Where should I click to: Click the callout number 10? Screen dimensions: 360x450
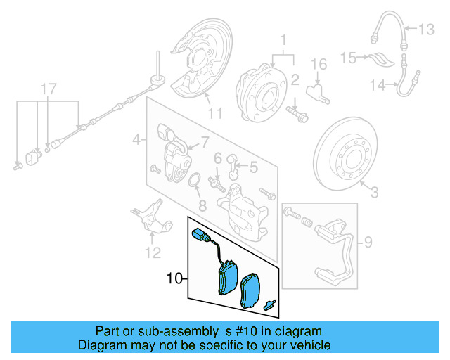(175, 280)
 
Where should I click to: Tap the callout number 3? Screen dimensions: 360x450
(374, 191)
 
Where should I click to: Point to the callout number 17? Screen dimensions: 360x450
(47, 89)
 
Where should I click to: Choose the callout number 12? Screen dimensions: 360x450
(153, 252)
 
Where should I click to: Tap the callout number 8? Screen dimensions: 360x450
(202, 206)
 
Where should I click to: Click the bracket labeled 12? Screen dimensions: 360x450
(150, 216)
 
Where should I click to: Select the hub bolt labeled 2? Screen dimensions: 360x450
(297, 112)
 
